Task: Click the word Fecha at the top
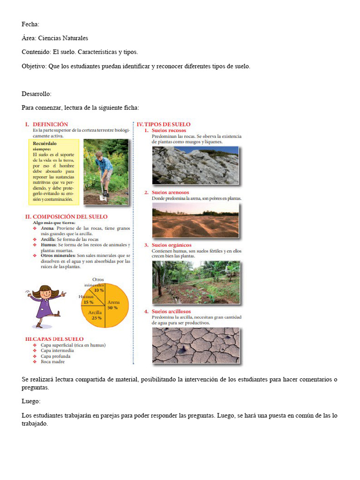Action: click(30, 24)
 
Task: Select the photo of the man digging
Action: click(105, 172)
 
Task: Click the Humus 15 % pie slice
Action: click(89, 300)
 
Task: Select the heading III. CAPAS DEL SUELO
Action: click(54, 338)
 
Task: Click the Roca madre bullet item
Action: click(52, 361)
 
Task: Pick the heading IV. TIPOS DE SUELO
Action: click(164, 124)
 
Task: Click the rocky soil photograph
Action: click(195, 165)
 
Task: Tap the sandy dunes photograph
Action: click(195, 220)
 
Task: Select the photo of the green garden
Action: click(195, 282)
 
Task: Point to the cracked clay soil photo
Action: click(195, 345)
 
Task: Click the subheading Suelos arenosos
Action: click(170, 192)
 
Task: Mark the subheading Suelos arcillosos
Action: click(171, 311)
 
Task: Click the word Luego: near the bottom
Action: click(31, 402)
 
